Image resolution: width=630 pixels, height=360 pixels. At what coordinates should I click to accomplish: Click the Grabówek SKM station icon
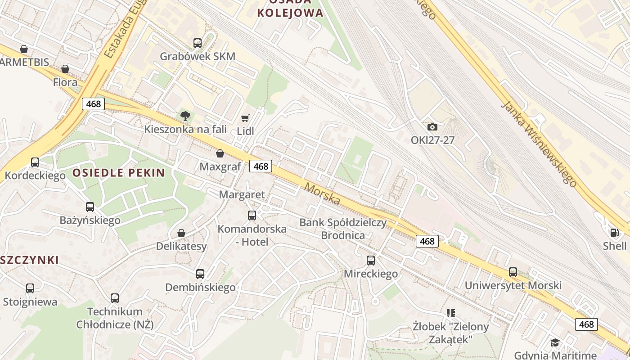[x=198, y=43]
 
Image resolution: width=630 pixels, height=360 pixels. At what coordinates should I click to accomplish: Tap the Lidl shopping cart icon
[x=245, y=118]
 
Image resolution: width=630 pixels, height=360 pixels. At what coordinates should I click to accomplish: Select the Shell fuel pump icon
[x=614, y=233]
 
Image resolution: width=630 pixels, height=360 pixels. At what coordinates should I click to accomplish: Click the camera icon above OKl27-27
[x=432, y=127]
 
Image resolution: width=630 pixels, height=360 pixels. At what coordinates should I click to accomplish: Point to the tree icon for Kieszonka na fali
[x=185, y=117]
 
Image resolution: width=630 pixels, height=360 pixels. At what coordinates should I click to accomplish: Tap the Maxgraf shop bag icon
[x=220, y=154]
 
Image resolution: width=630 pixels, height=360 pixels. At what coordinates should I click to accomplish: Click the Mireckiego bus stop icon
[x=371, y=261]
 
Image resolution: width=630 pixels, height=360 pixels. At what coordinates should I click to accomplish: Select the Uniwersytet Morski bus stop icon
[x=513, y=272]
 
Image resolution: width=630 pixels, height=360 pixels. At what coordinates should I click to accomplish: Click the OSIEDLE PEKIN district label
[x=119, y=173]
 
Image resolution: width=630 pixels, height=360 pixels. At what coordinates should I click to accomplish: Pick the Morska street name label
[x=322, y=193]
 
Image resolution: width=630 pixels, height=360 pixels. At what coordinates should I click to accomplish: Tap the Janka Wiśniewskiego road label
[x=539, y=144]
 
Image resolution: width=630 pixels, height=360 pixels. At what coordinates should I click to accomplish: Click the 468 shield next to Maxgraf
[x=261, y=166]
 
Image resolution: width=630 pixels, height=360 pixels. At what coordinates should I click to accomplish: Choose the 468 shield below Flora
[x=94, y=104]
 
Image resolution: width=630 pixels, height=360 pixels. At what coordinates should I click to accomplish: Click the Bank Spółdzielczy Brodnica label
[x=343, y=229]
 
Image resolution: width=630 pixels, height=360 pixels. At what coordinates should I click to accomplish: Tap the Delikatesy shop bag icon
[x=181, y=233]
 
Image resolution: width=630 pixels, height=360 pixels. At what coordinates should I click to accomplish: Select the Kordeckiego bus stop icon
[x=35, y=162]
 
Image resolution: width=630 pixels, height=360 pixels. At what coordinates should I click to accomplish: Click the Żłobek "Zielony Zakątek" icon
[x=451, y=313]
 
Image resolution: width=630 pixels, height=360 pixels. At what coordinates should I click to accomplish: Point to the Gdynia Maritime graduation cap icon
[x=555, y=342]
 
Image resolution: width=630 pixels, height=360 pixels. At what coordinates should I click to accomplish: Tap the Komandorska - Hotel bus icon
[x=252, y=216]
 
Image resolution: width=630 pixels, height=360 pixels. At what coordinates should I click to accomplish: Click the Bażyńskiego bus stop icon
[x=90, y=207]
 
